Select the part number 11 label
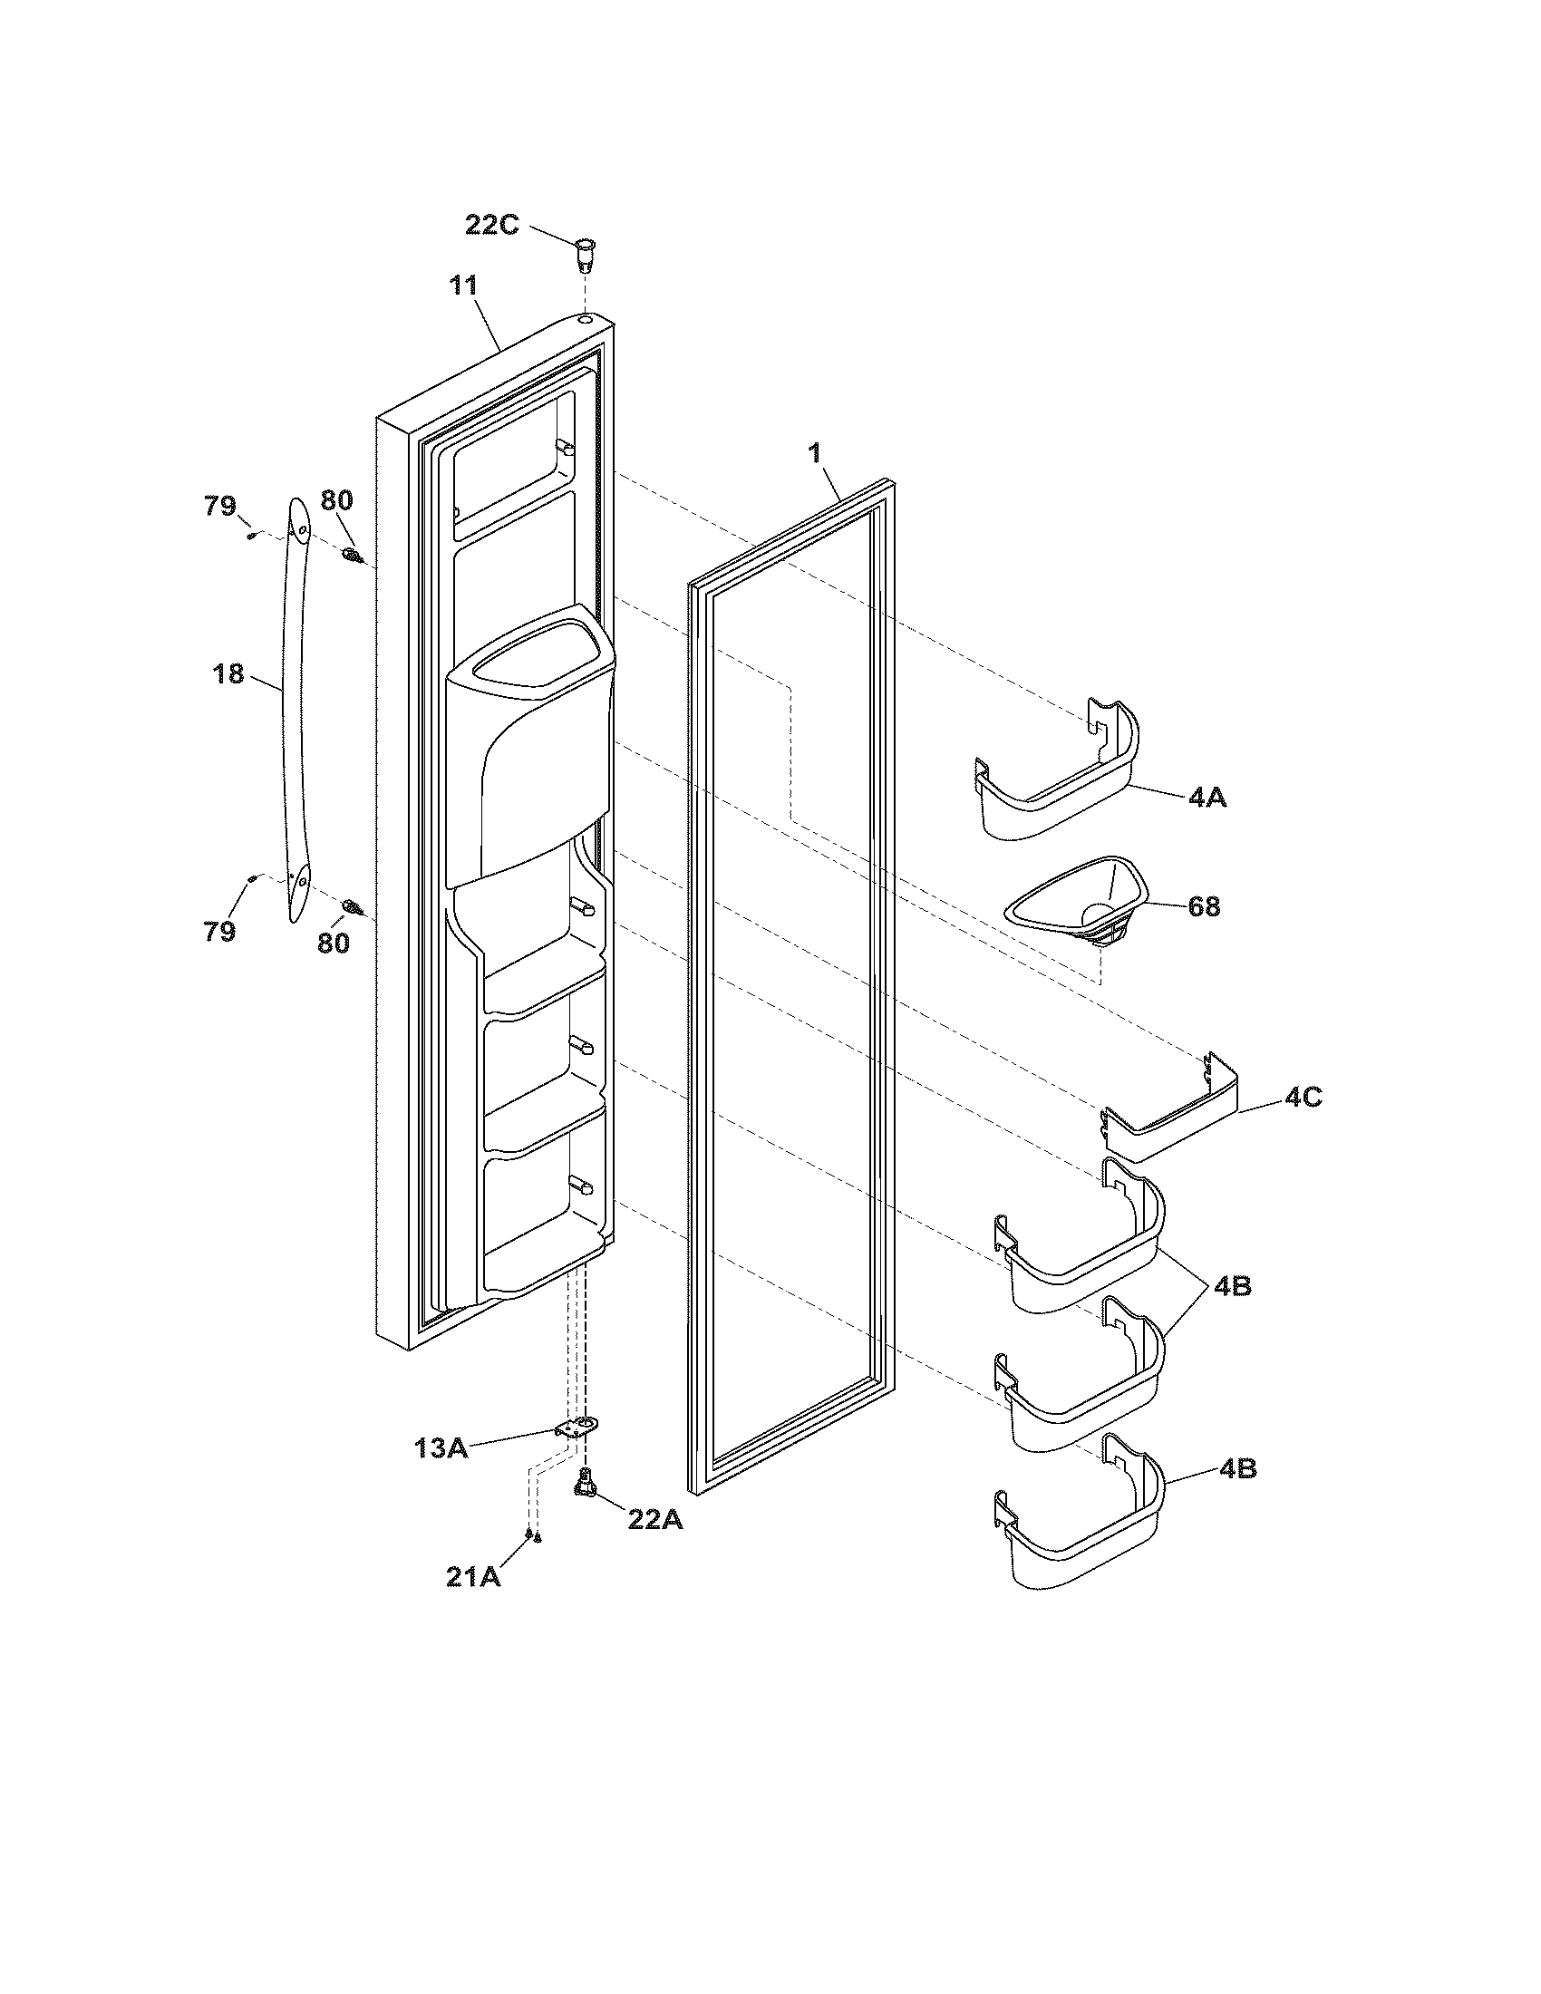[x=464, y=286]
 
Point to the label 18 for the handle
[x=228, y=674]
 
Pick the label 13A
[x=441, y=1447]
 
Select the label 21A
[x=473, y=1577]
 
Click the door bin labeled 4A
[x=1059, y=776]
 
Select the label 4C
[x=1303, y=1097]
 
